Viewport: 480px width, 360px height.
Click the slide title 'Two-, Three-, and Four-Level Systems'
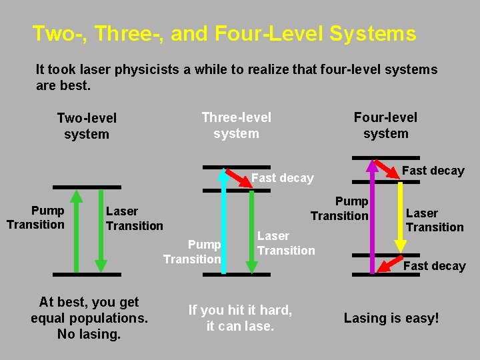coord(224,33)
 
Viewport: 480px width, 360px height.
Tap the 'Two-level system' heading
coord(87,126)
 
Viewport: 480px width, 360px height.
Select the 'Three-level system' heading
coord(237,125)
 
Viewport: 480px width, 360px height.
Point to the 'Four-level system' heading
coord(385,125)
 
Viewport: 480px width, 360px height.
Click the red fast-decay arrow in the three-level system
coord(236,178)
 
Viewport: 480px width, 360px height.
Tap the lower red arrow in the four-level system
coord(391,264)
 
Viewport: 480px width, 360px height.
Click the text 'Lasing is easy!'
coord(391,318)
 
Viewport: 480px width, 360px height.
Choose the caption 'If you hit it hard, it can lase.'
coord(240,318)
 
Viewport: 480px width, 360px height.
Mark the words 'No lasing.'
coord(89,334)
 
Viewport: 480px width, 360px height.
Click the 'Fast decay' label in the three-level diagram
coord(282,178)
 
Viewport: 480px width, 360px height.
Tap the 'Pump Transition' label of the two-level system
coord(35,218)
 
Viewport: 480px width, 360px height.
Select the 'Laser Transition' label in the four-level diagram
coord(435,220)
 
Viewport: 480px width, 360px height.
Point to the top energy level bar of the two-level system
coord(87,187)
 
